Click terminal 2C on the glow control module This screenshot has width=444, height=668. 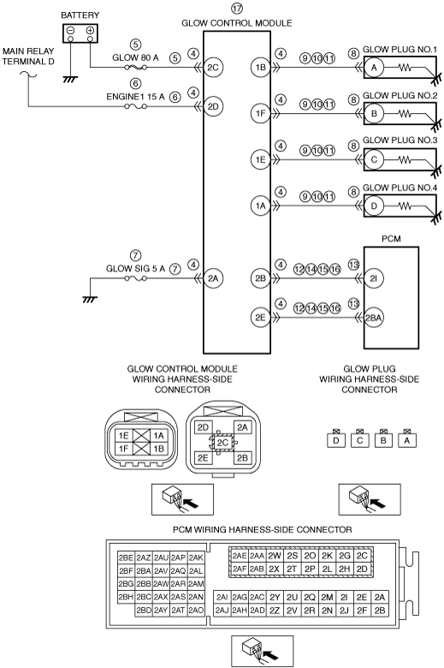[213, 68]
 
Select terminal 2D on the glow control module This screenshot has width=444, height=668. [213, 106]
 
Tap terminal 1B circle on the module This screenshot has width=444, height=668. [260, 68]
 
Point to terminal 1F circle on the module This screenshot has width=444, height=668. [260, 113]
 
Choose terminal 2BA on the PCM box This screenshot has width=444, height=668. [373, 318]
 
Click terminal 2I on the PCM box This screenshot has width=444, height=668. [373, 278]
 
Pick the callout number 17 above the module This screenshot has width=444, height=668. [237, 8]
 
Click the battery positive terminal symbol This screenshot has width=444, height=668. [90, 31]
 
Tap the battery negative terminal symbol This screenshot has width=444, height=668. [71, 31]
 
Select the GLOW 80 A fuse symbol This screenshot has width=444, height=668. [136, 68]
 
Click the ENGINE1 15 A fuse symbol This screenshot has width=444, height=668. [136, 106]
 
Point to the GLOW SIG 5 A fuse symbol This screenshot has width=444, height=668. [136, 278]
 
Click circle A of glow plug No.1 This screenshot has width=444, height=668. [374, 68]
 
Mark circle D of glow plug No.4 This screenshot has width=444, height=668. [374, 206]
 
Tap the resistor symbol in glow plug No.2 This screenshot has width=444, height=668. [405, 114]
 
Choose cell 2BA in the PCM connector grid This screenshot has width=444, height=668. [144, 571]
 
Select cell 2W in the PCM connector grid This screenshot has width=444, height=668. [275, 556]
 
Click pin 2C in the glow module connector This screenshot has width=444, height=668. [222, 443]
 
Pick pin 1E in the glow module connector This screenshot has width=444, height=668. [124, 435]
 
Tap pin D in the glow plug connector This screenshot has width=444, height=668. [336, 440]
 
